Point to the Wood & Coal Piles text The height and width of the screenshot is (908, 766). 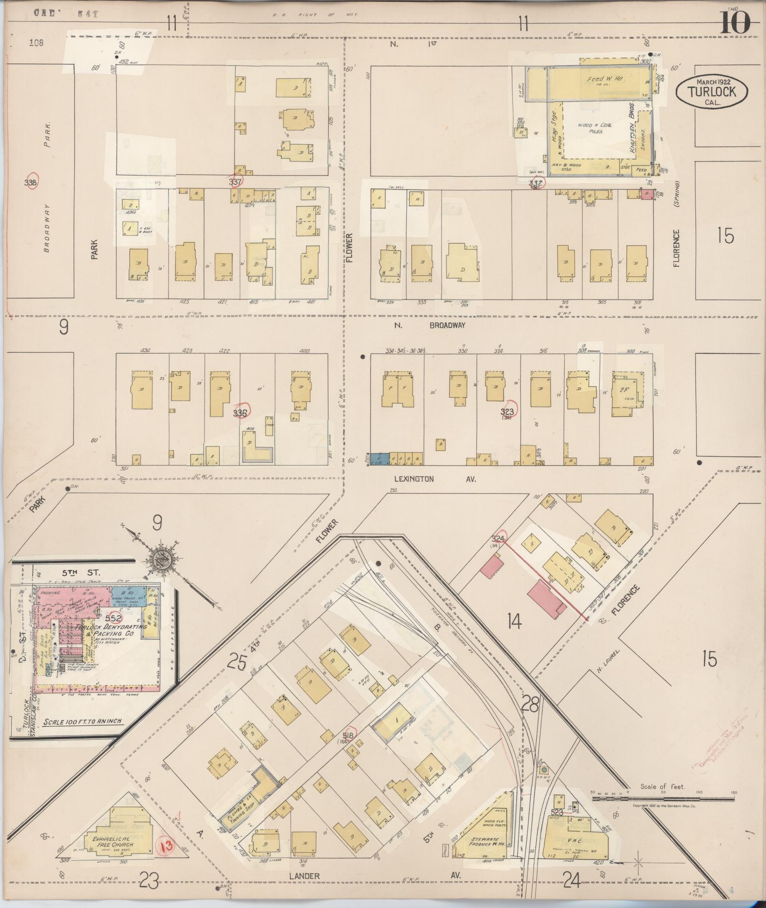click(595, 128)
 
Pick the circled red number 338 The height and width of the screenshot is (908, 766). click(31, 182)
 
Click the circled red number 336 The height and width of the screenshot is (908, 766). click(241, 413)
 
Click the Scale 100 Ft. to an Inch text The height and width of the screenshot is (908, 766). click(83, 735)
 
